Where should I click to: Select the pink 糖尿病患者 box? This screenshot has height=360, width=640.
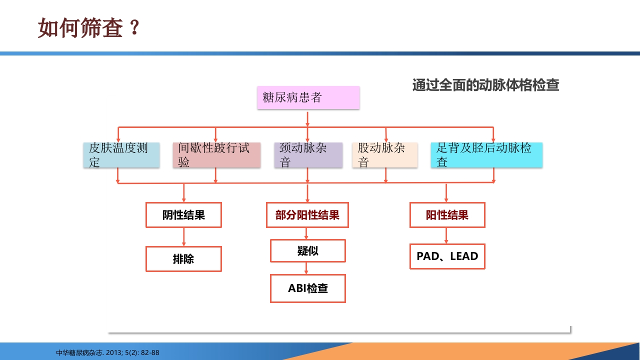pos(308,97)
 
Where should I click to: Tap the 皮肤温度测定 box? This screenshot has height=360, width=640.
pos(121,155)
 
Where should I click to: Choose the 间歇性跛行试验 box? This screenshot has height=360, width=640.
pos(216,155)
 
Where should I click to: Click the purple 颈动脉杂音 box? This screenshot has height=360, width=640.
pos(308,155)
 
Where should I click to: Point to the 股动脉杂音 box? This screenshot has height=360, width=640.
pos(385,155)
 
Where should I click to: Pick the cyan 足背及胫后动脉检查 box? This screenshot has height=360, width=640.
pos(486,155)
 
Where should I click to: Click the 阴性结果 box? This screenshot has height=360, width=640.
pos(183,215)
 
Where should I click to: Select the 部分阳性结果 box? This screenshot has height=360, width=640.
pos(307,215)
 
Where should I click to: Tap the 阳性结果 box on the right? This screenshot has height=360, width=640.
pos(447,215)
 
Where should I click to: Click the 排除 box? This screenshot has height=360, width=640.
pos(183,259)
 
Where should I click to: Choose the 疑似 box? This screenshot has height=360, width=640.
pos(307,251)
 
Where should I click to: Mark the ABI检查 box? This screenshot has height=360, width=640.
pos(307,288)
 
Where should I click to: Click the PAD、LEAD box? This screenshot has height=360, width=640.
pos(447,256)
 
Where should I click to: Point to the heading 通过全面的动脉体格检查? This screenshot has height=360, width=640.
pos(485,85)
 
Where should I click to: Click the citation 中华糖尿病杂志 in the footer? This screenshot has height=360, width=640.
pos(108,352)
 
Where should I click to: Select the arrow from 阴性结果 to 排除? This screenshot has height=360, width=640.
pos(184,236)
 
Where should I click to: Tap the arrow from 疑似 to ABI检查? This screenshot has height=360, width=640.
pos(307,268)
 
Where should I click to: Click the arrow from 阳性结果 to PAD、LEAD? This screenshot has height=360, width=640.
pos(446,235)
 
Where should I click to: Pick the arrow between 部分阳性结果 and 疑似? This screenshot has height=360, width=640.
pos(307,233)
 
